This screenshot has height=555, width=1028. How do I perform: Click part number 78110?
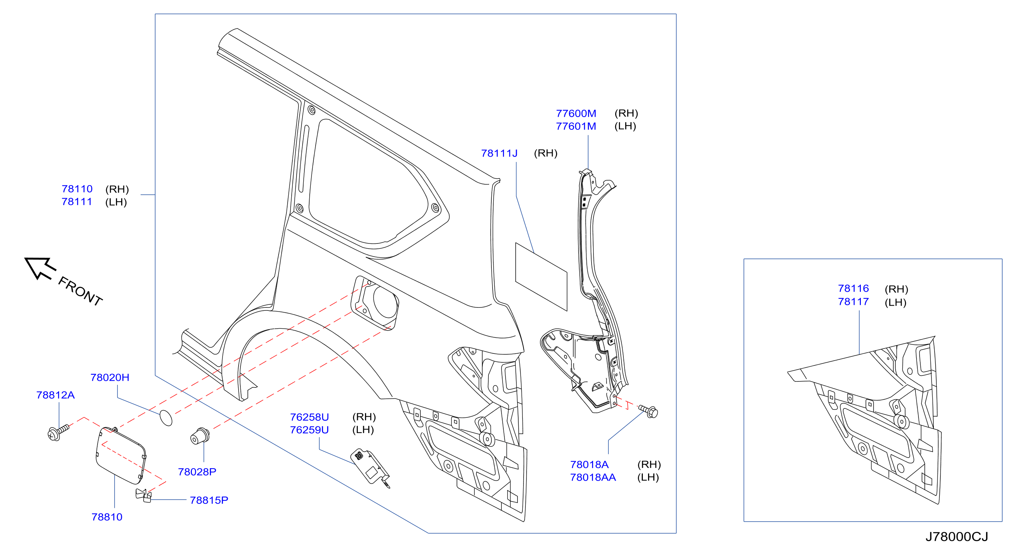coord(77,189)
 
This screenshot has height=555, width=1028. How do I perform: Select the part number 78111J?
coord(499,153)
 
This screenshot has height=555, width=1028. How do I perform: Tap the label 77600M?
coord(576,113)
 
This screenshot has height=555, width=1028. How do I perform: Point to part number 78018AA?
coord(593,477)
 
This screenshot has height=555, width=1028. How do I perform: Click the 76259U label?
coord(309,430)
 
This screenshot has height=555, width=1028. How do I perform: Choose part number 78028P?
coord(197,472)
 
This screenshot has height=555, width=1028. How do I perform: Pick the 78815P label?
coord(209,500)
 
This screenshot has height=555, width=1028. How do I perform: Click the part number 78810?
coord(107,517)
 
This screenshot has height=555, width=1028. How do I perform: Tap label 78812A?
coord(55,395)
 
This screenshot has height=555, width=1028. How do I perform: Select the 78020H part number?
coord(110,377)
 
